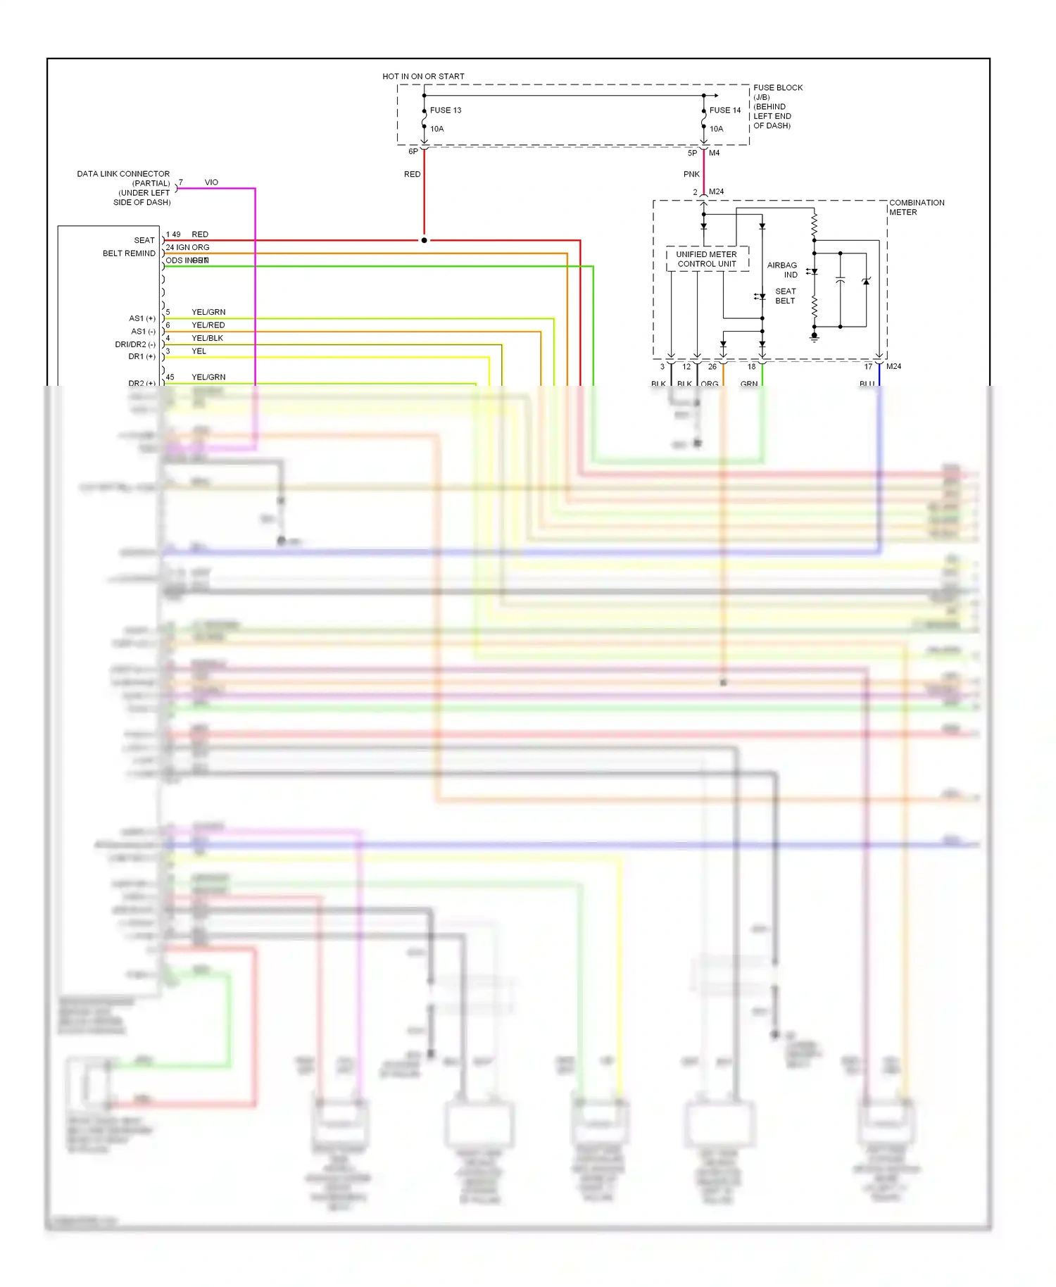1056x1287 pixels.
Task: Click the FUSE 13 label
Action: [x=445, y=111]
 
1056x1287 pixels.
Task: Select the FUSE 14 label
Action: [x=724, y=111]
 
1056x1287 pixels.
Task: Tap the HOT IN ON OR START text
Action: [x=423, y=76]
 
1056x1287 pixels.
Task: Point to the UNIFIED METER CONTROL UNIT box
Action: [x=706, y=259]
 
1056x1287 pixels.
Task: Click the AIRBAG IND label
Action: [x=783, y=270]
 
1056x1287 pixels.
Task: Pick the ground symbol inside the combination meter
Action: [x=815, y=339]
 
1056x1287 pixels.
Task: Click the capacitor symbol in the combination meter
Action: [x=840, y=280]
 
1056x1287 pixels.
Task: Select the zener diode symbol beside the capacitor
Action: [x=866, y=281]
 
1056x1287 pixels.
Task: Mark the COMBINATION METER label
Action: [x=916, y=207]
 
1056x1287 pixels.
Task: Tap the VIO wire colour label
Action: [x=211, y=182]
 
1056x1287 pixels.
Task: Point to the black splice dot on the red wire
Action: [x=424, y=240]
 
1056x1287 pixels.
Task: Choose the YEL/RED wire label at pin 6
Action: [x=208, y=325]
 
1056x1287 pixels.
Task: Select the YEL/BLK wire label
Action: [x=207, y=339]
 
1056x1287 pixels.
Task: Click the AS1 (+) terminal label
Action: [x=142, y=319]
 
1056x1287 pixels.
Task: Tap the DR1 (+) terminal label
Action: [x=142, y=357]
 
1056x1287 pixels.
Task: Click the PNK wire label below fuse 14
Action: [x=691, y=174]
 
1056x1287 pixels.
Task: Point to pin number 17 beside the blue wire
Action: [x=868, y=367]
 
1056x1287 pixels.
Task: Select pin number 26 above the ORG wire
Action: [x=712, y=367]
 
